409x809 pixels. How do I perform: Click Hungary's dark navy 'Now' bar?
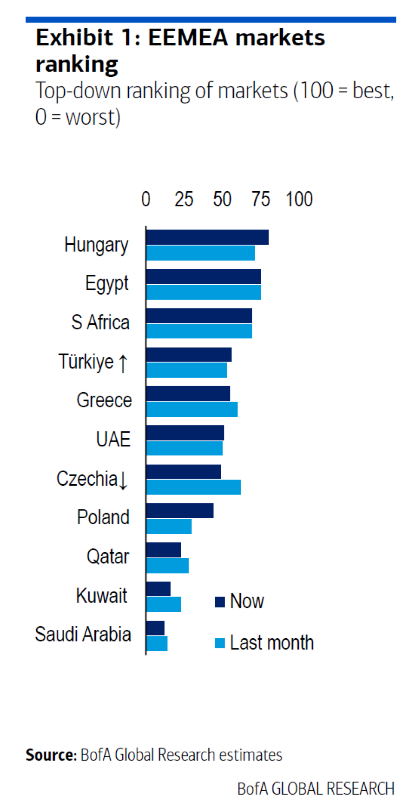[x=207, y=237]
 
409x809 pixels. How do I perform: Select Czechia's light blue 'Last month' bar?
[x=193, y=487]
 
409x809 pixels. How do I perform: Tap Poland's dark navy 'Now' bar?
[x=180, y=510]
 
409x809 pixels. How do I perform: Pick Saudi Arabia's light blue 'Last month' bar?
[x=157, y=643]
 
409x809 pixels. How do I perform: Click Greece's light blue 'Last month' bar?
[x=192, y=409]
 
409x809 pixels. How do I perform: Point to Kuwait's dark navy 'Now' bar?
[x=158, y=588]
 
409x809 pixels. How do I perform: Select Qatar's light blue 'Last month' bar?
[x=167, y=566]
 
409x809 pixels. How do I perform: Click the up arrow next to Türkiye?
[x=123, y=363]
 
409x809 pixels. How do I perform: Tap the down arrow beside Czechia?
[x=123, y=480]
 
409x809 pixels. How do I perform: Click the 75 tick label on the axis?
[x=261, y=200]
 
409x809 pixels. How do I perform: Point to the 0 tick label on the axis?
[x=146, y=200]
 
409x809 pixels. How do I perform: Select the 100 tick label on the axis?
[x=299, y=200]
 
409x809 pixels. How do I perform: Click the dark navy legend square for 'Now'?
[x=220, y=602]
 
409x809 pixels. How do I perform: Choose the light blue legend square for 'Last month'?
[x=220, y=643]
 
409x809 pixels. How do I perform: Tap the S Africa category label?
[x=100, y=322]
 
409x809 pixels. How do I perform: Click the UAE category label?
[x=113, y=439]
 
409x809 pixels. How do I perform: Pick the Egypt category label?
[x=107, y=284]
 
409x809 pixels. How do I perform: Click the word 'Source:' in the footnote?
[x=51, y=755]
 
